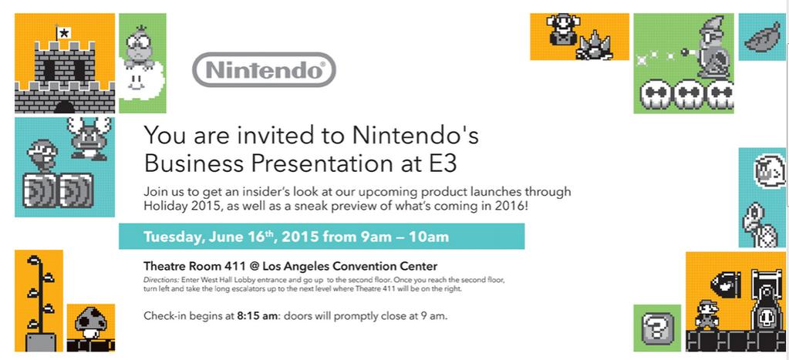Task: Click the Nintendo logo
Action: click(x=265, y=69)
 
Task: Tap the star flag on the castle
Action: click(x=64, y=34)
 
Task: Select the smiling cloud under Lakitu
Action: click(x=141, y=80)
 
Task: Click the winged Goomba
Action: click(x=90, y=138)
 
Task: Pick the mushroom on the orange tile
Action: click(x=89, y=323)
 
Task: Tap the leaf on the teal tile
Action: click(x=762, y=38)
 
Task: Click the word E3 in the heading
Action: click(x=443, y=163)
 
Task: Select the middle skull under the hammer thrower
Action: click(x=688, y=94)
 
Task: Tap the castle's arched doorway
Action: click(x=65, y=107)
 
